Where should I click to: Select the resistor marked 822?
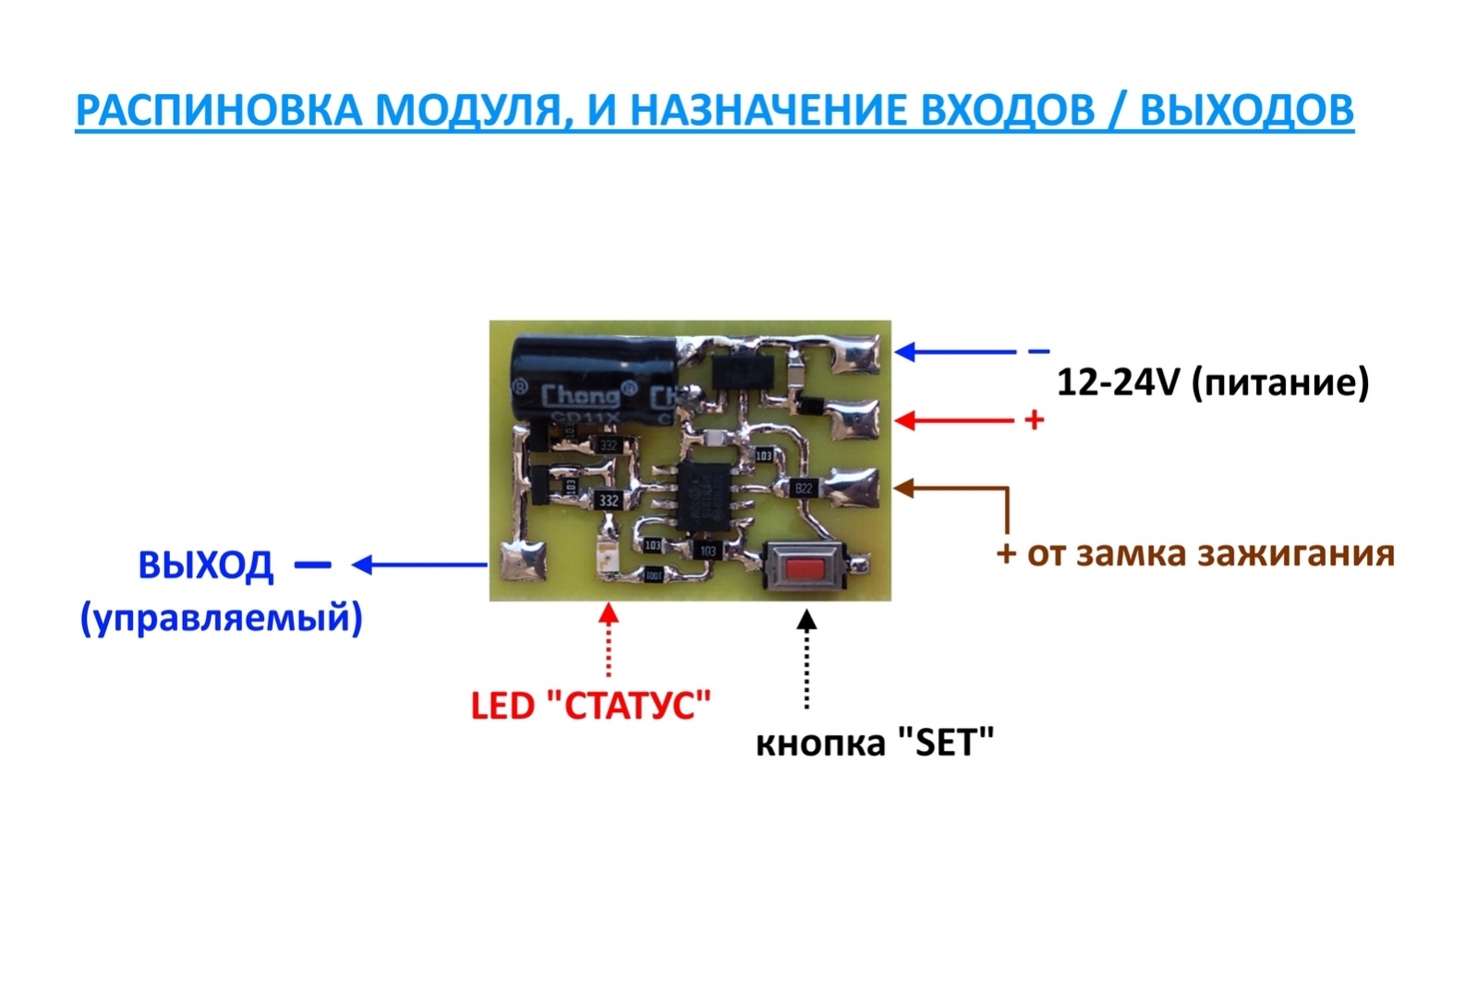[x=804, y=488]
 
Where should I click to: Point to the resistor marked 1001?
[x=653, y=575]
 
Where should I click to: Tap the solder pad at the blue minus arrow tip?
[x=859, y=355]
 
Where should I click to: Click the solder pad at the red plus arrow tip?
[x=853, y=421]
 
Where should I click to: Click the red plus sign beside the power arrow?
[x=1035, y=420]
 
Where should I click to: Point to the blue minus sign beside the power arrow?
[x=1039, y=352]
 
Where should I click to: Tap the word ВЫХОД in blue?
[x=205, y=565]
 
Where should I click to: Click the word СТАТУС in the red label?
[x=637, y=707]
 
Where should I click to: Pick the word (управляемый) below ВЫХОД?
[x=222, y=618]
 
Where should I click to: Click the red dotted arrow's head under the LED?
[x=609, y=612]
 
